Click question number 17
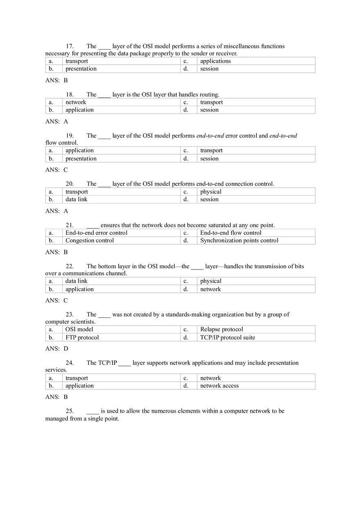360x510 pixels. (70, 46)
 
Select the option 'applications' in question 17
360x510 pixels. (215, 61)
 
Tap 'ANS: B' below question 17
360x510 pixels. (56, 81)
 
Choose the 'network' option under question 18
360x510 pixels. (76, 102)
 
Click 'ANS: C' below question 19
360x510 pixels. (56, 170)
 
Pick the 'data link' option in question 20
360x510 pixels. (76, 200)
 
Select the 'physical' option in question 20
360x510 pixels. (211, 192)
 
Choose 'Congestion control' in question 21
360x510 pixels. (90, 240)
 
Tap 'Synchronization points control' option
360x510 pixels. (239, 240)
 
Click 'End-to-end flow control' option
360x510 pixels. (230, 233)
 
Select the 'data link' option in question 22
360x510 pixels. (76, 281)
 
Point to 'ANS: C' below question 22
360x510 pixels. (56, 300)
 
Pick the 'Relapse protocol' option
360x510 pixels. (221, 329)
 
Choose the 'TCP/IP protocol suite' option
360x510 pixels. (227, 337)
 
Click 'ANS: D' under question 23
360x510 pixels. (56, 348)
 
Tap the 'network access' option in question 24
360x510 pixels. (219, 386)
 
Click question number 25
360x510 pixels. (70, 411)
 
